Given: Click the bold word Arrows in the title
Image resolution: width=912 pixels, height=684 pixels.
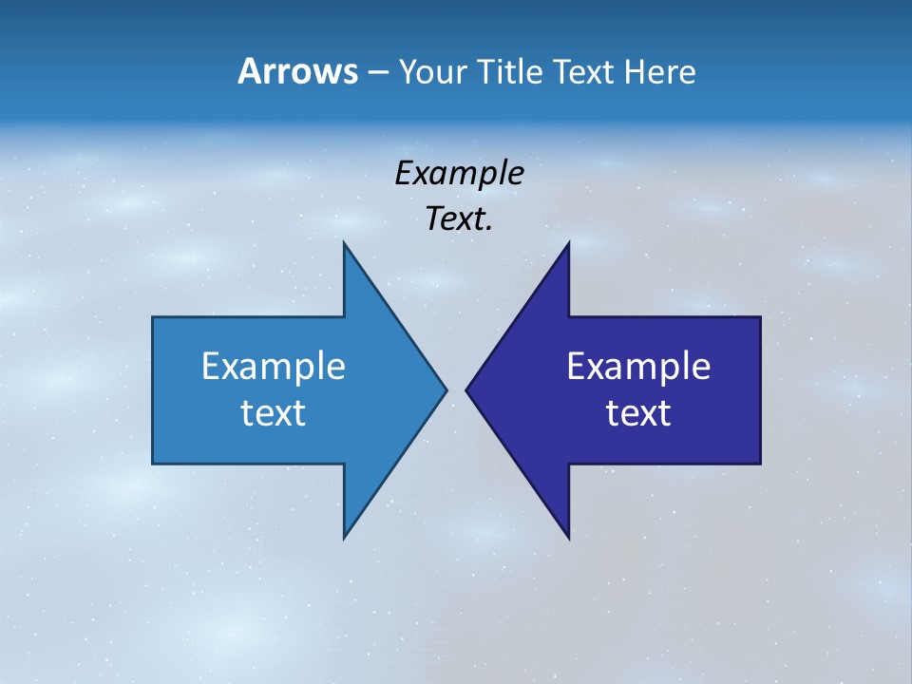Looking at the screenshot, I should pyautogui.click(x=296, y=71).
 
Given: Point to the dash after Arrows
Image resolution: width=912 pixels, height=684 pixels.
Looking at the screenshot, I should pyautogui.click(x=377, y=72).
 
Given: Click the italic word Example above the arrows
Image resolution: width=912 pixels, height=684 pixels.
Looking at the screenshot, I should pyautogui.click(x=459, y=173).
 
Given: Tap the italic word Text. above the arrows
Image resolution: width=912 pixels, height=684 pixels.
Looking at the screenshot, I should pyautogui.click(x=459, y=219).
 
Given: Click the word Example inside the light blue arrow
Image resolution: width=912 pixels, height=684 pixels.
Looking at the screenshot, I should pyautogui.click(x=274, y=366).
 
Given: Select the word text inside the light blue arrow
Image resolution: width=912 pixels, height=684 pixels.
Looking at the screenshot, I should pyautogui.click(x=274, y=413).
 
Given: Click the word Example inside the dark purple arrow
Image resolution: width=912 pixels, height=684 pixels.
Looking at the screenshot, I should pyautogui.click(x=638, y=366).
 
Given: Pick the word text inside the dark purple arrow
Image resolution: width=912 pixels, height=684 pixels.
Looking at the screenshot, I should pyautogui.click(x=638, y=413).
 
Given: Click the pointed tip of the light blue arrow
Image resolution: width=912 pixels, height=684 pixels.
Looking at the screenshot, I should pyautogui.click(x=446, y=389).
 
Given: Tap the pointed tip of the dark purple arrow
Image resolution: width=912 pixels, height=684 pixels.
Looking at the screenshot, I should pyautogui.click(x=466, y=389).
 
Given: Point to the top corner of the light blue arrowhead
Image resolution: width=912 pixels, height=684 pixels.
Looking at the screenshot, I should pyautogui.click(x=345, y=243).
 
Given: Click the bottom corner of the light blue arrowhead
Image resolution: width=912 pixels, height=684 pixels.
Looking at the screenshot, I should pyautogui.click(x=345, y=537).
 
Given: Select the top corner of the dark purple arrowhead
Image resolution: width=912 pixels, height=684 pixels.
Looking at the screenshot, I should pyautogui.click(x=568, y=243).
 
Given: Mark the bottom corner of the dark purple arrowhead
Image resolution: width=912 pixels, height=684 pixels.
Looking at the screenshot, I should pyautogui.click(x=568, y=537).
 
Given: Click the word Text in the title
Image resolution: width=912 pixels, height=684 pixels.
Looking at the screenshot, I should pyautogui.click(x=585, y=71).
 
